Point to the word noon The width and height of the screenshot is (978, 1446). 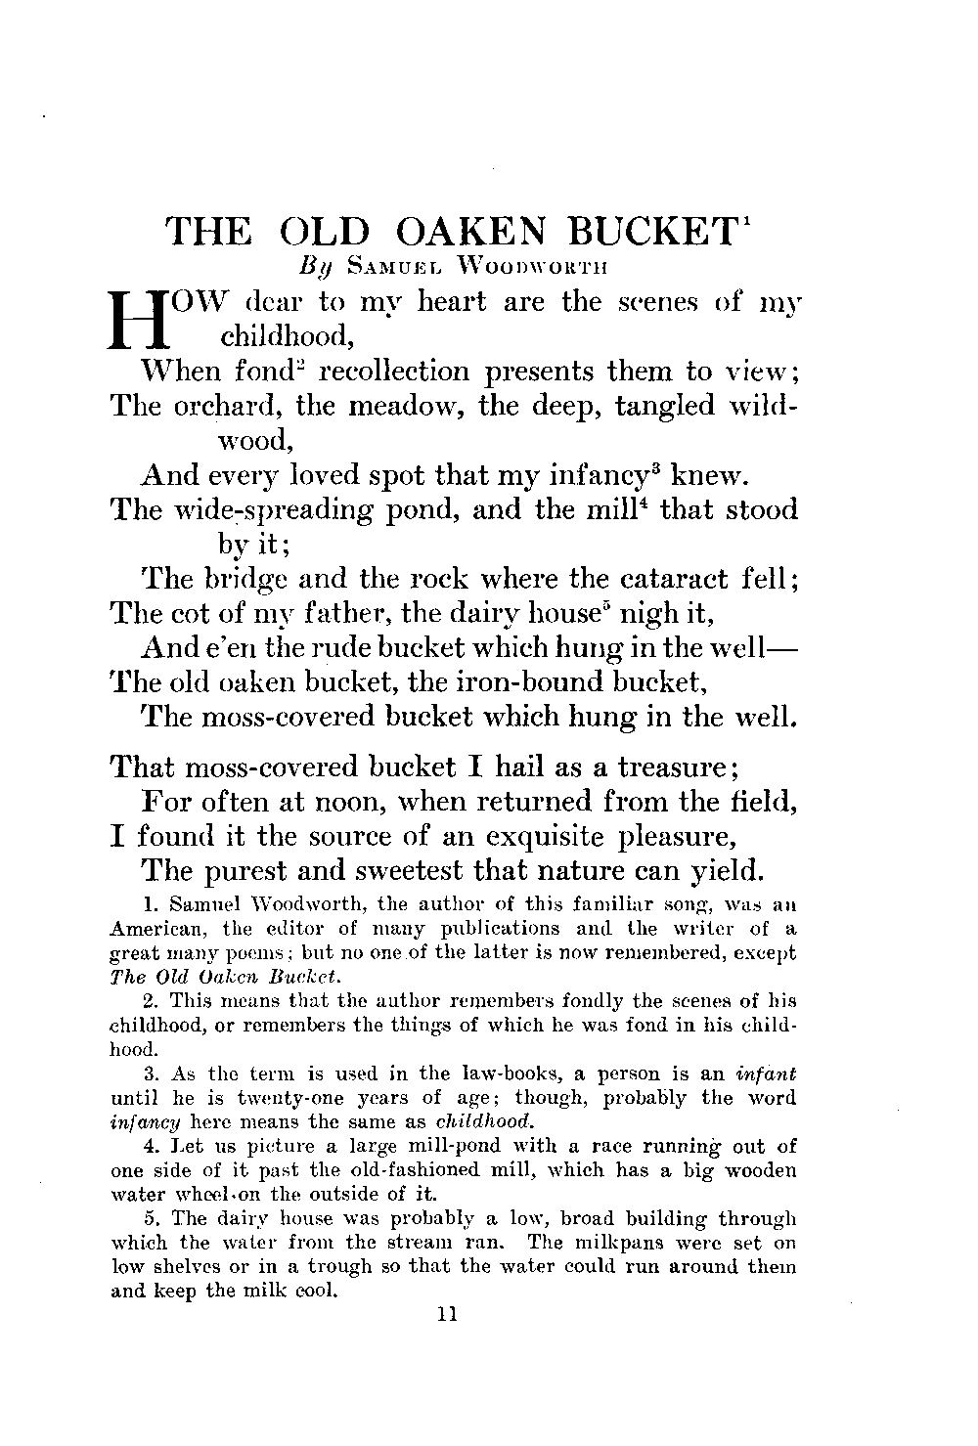tap(331, 803)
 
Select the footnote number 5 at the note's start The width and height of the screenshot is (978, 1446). tap(149, 1219)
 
